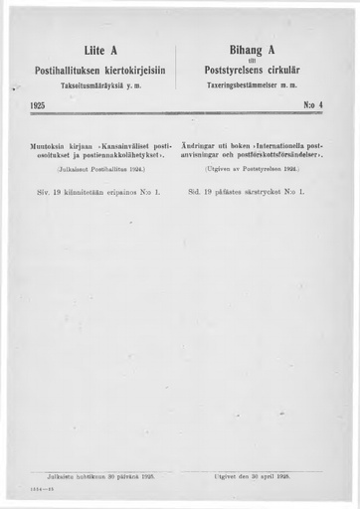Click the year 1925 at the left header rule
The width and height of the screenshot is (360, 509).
[x=39, y=103]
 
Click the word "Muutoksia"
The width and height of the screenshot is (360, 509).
[x=53, y=146]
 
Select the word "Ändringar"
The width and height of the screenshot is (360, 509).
[x=206, y=146]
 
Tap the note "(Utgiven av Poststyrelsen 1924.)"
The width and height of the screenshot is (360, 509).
[x=262, y=171]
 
